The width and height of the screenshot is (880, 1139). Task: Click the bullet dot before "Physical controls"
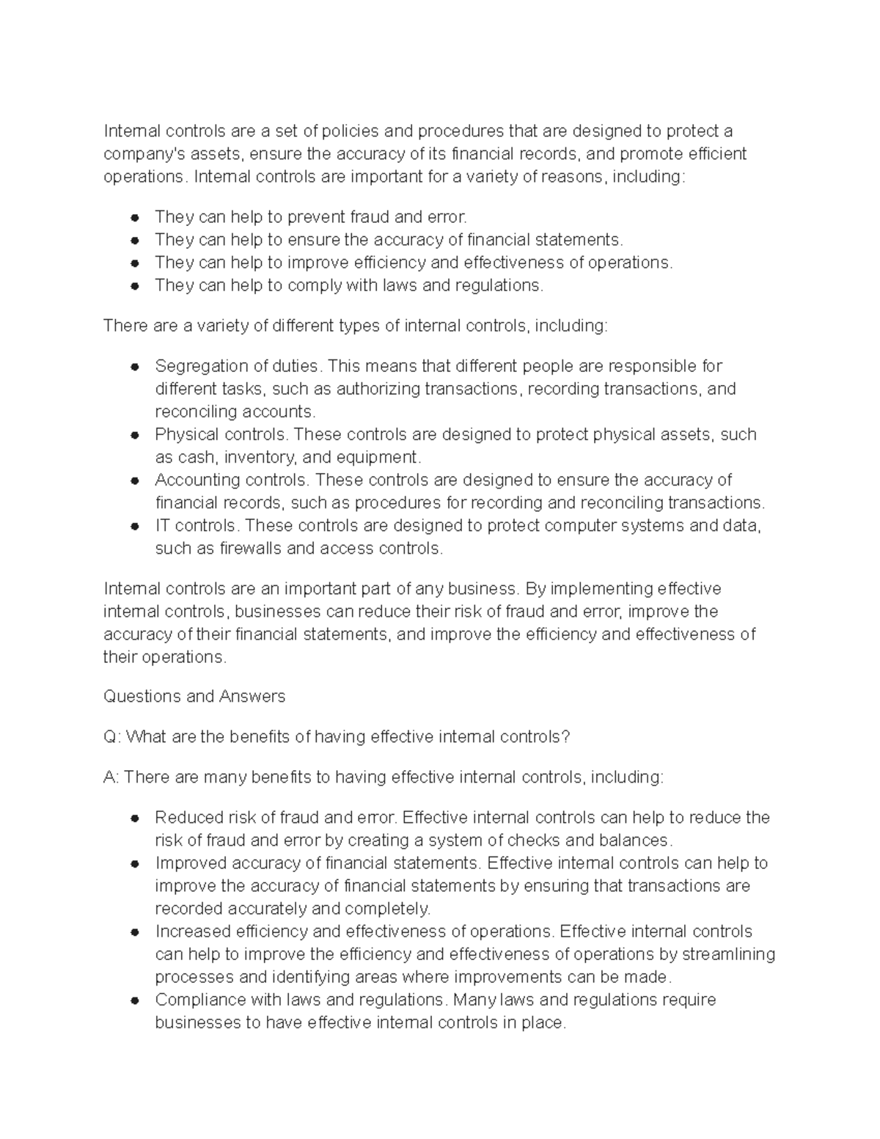click(x=135, y=435)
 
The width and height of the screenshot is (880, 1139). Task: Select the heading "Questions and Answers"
click(x=194, y=696)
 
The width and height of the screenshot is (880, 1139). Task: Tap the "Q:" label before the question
click(x=112, y=737)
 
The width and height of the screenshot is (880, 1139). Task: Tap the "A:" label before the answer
click(x=111, y=777)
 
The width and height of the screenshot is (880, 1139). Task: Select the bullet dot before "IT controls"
click(x=135, y=526)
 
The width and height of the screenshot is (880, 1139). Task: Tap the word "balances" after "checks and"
click(x=634, y=840)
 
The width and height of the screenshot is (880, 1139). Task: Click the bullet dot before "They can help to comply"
click(x=135, y=286)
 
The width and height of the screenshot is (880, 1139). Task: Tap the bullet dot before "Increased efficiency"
click(x=135, y=932)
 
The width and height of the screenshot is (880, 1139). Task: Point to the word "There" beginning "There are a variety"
click(x=125, y=326)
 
